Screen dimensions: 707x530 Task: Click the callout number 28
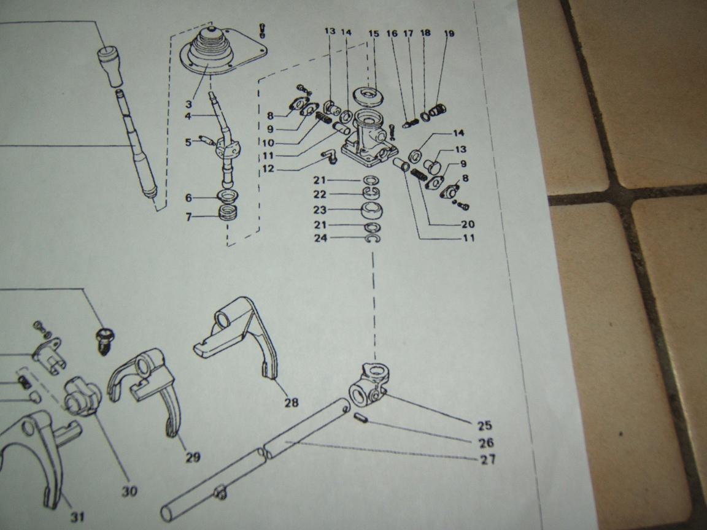tap(292, 402)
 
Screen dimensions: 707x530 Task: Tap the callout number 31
tap(77, 517)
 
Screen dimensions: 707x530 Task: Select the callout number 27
tap(487, 459)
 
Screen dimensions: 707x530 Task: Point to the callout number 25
tap(485, 426)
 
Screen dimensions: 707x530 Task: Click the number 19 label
tap(449, 33)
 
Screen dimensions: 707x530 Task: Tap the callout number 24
tap(320, 238)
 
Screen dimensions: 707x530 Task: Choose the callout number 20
tap(468, 224)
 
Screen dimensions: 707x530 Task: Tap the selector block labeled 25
tap(369, 383)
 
